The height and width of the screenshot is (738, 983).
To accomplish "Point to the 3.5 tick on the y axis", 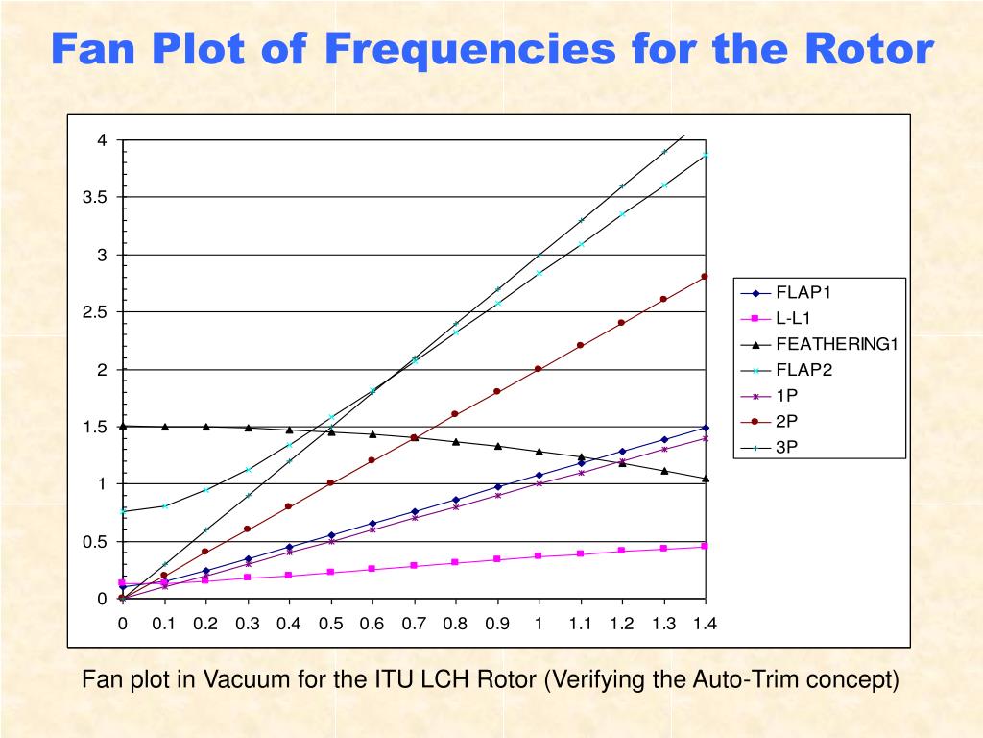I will point(95,197).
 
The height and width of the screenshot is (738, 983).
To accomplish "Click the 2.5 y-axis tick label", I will point(95,312).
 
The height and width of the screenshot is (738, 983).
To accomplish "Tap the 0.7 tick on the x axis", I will point(413,623).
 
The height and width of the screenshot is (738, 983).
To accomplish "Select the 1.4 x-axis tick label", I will point(705,623).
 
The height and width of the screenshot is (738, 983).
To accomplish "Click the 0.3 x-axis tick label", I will point(247,623).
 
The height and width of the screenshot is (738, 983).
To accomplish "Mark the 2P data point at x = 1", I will point(539,369).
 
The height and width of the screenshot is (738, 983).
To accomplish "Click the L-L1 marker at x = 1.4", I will point(705,546).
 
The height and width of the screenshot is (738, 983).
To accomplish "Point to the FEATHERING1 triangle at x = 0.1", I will point(164,427).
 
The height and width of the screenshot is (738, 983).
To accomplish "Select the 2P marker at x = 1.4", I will point(705,277).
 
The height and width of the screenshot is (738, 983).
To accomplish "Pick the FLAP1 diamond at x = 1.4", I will point(705,428).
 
